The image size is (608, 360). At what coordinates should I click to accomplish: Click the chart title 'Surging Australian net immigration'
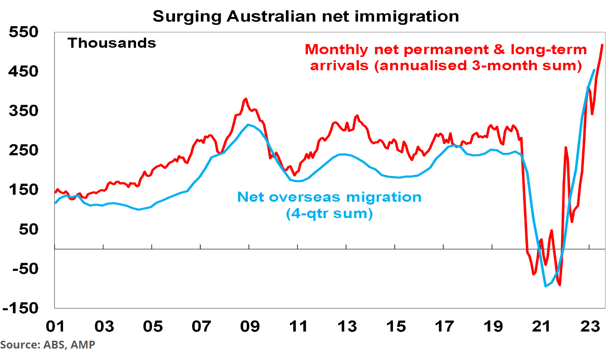tap(305, 17)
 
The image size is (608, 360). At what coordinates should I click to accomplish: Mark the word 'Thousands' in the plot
tap(112, 43)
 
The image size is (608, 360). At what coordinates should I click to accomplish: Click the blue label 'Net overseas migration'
tap(329, 197)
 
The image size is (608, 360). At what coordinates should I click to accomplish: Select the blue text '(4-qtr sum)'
tap(329, 214)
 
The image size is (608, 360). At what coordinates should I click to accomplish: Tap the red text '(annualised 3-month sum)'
tap(443, 65)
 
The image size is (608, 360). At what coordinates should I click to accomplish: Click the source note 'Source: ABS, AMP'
tap(48, 345)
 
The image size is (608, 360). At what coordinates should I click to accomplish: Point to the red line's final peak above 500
tap(602, 45)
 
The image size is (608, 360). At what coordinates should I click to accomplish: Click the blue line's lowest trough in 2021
tap(545, 286)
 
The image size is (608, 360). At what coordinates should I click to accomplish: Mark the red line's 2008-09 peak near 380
tap(246, 99)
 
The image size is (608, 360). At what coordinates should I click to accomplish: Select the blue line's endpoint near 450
tap(594, 70)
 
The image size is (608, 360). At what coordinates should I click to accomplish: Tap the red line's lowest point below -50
tap(560, 285)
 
